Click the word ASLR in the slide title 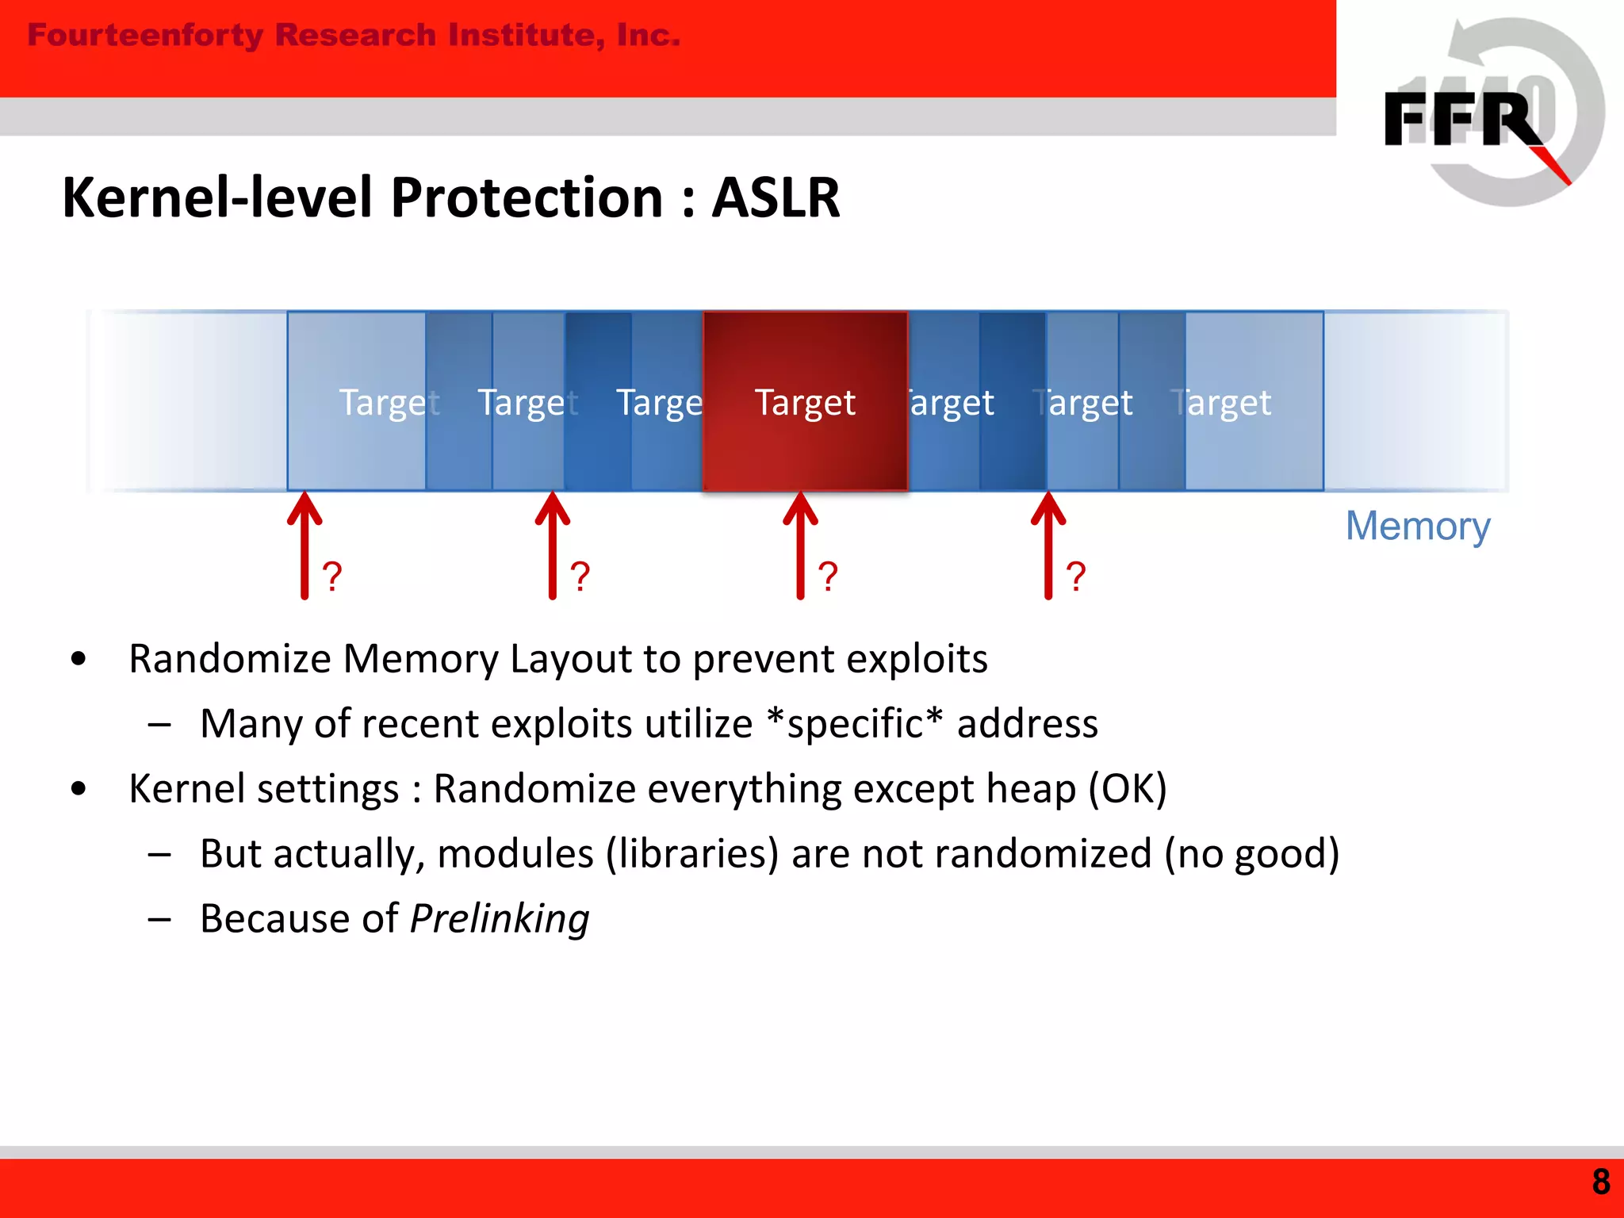click(775, 197)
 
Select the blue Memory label click(1418, 526)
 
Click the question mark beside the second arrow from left click(580, 576)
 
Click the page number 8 click(1600, 1182)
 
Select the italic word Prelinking click(500, 919)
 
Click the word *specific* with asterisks click(855, 723)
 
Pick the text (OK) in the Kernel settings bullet click(1127, 789)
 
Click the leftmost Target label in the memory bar click(389, 403)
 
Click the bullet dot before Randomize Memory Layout click(78, 658)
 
